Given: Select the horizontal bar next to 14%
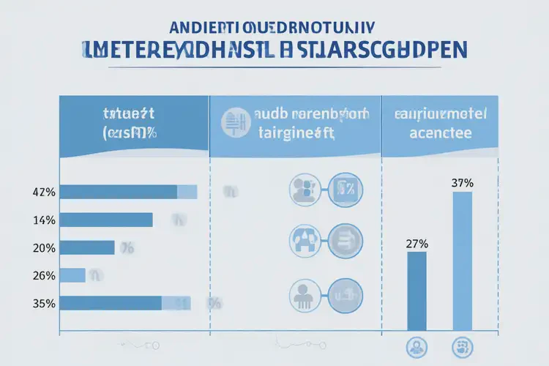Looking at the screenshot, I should [x=106, y=220].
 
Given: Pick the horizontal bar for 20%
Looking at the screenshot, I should [x=87, y=247].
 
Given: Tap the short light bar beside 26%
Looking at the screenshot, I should [x=72, y=275].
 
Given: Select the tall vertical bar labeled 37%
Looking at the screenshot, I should [x=462, y=261].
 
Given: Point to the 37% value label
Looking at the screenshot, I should [x=463, y=183].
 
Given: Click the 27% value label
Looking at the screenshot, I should [x=417, y=244].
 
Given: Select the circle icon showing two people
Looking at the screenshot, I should [x=303, y=190].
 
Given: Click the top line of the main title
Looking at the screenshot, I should [x=273, y=27].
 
